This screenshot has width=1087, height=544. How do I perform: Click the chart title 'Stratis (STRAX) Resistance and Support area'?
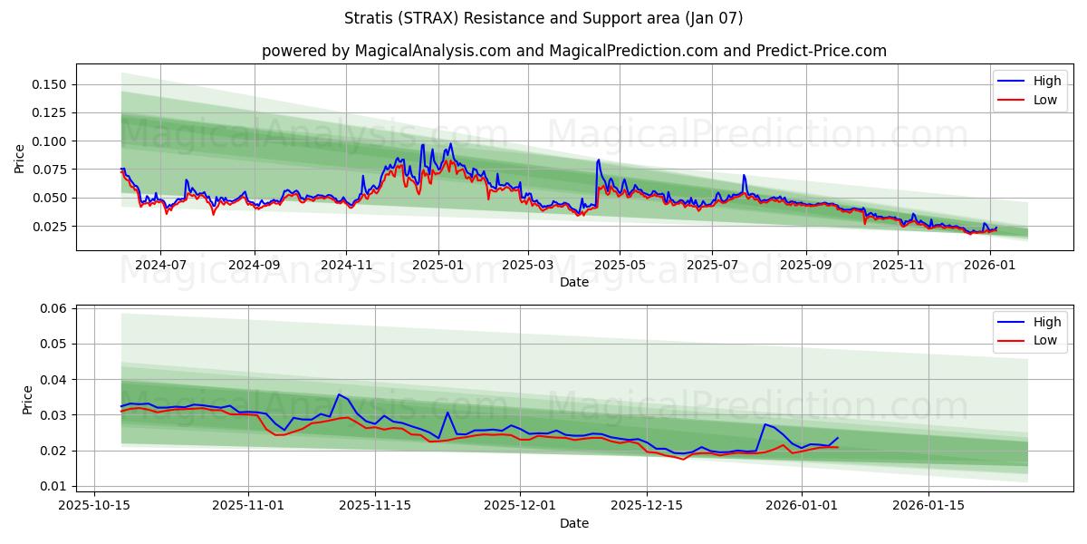(x=543, y=18)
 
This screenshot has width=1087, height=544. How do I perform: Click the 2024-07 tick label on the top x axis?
(x=160, y=265)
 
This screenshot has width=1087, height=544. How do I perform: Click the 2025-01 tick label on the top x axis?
(x=438, y=265)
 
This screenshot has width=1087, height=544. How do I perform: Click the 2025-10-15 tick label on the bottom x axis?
(x=95, y=506)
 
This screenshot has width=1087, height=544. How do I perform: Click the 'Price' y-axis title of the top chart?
(x=20, y=159)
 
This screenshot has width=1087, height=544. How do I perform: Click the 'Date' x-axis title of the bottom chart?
(x=573, y=523)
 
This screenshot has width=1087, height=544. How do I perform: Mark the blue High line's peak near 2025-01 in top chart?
(x=450, y=143)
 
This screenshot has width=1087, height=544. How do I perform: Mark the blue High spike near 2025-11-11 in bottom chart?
(x=339, y=394)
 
